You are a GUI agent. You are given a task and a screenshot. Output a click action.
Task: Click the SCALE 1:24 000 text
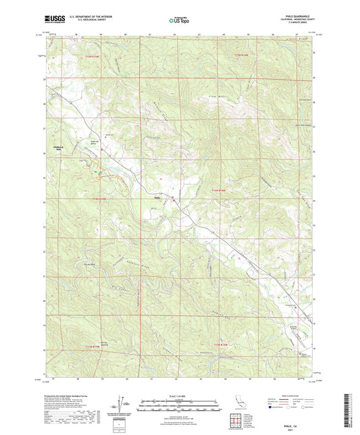(180, 395)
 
